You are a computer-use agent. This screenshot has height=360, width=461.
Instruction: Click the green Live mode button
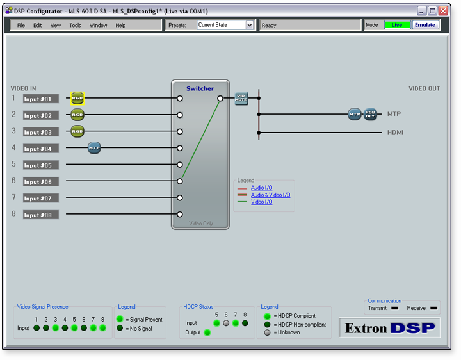click(397, 25)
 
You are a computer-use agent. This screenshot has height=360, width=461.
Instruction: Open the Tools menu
click(75, 25)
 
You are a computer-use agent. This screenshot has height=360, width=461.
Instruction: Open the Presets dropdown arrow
click(249, 25)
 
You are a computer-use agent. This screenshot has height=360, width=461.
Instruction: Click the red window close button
click(443, 11)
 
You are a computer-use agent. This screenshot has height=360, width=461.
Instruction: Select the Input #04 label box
click(41, 149)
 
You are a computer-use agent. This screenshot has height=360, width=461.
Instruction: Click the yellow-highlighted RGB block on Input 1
click(77, 98)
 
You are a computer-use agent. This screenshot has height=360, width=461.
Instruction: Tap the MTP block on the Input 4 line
click(94, 147)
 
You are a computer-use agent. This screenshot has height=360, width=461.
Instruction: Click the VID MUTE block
click(241, 98)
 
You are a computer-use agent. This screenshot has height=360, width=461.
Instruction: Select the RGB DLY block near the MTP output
click(370, 114)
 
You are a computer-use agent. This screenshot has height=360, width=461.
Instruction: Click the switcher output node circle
click(220, 99)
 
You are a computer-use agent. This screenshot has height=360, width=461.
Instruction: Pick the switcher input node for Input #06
click(180, 181)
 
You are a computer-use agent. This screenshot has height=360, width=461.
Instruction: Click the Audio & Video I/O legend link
click(270, 195)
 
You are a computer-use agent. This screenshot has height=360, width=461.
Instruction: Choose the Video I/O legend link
click(262, 202)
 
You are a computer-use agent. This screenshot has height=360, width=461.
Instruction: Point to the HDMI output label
click(395, 133)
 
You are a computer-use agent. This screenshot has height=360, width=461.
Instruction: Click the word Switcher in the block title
click(200, 88)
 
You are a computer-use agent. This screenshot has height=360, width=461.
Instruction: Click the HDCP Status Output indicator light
click(207, 332)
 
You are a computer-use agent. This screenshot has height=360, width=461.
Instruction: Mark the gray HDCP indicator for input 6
click(226, 323)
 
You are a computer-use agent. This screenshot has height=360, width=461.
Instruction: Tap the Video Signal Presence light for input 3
click(55, 327)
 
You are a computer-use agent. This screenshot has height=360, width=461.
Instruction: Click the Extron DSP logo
click(389, 327)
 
